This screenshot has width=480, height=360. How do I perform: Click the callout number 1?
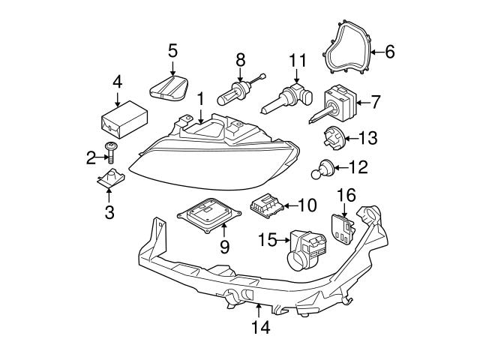tap(200, 98)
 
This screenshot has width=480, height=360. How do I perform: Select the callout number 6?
tap(389, 52)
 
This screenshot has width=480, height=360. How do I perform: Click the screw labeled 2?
tap(111, 154)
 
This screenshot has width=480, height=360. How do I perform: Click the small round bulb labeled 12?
tap(323, 170)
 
